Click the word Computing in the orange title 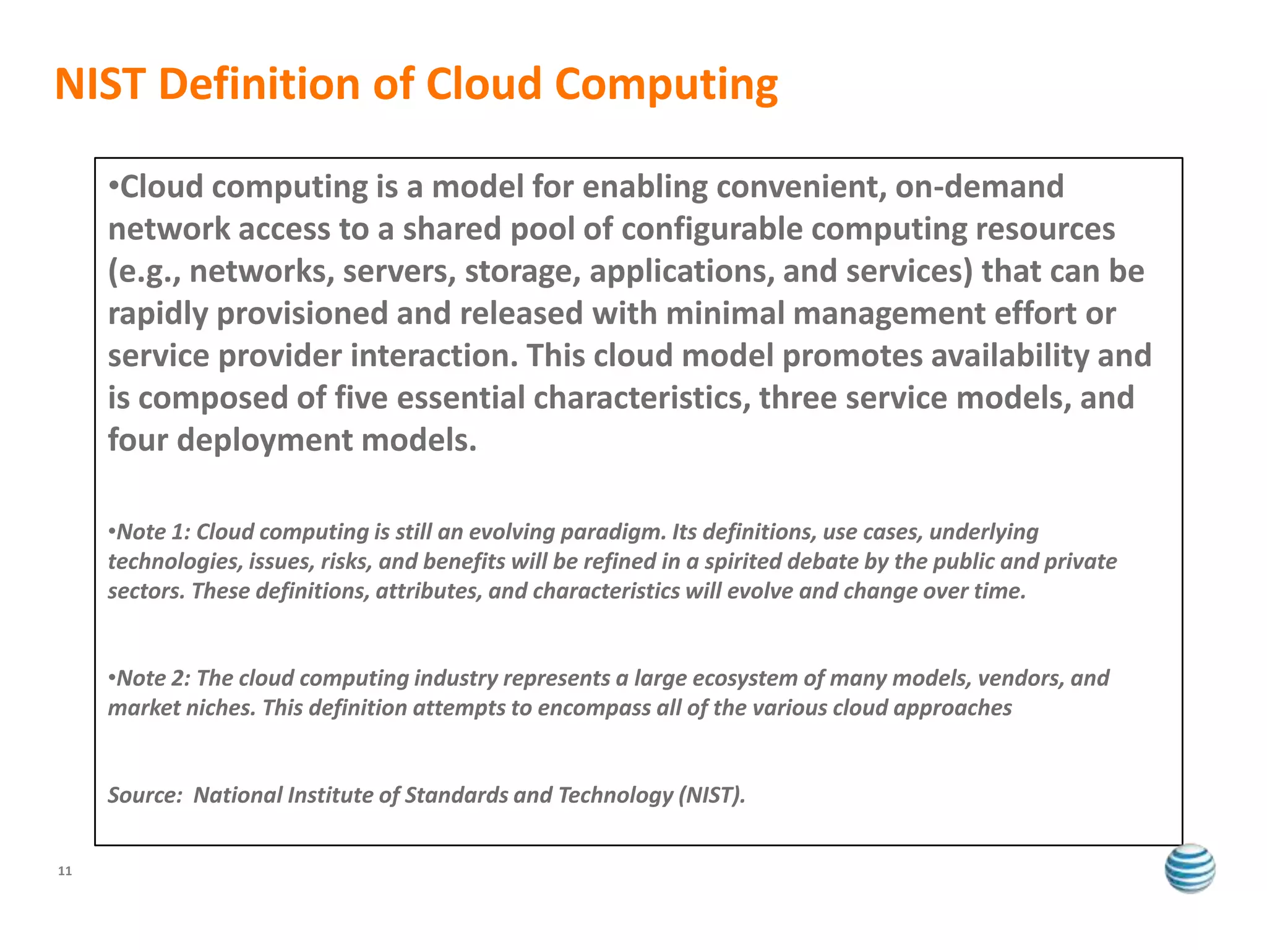666,85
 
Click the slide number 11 65,871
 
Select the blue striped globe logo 1190,868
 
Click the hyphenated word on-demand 980,187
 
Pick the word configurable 711,229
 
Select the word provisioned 302,314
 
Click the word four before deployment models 138,440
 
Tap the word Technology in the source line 615,795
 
